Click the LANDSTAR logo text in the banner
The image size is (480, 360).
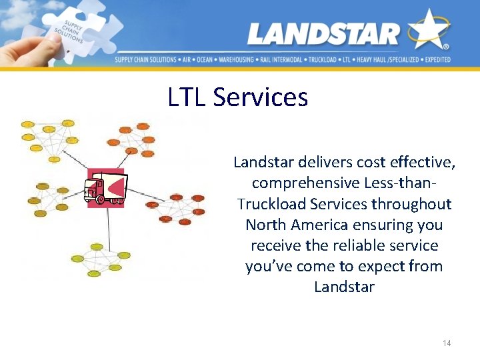[323, 33]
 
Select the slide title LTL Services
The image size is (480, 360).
[238, 97]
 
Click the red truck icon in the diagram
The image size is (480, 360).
[105, 187]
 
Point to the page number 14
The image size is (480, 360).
[447, 343]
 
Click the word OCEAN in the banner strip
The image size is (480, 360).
[205, 60]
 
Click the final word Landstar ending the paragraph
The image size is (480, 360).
[344, 287]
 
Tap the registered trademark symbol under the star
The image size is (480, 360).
[445, 47]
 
